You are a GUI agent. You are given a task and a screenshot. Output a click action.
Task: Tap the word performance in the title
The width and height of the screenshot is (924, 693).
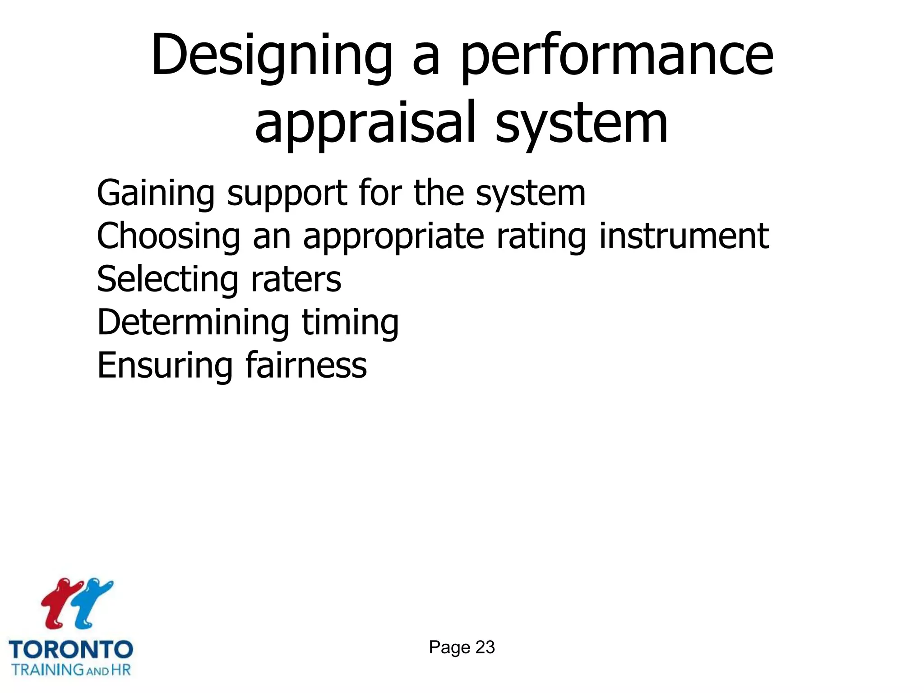pyautogui.click(x=617, y=56)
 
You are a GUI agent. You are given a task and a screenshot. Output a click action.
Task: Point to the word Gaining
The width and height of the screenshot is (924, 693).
pyautogui.click(x=156, y=193)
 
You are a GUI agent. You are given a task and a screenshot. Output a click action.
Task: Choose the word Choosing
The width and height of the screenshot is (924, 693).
pyautogui.click(x=169, y=236)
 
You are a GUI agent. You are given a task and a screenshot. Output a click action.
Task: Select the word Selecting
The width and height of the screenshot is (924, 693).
pyautogui.click(x=167, y=280)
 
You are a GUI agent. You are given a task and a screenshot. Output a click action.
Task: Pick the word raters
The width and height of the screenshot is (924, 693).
pyautogui.click(x=296, y=280)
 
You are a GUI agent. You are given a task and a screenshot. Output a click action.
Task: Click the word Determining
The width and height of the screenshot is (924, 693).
pyautogui.click(x=193, y=323)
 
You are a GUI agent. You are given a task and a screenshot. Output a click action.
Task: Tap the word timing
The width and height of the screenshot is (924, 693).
pyautogui.click(x=350, y=323)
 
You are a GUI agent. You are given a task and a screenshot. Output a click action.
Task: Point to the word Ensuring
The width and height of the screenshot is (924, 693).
pyautogui.click(x=165, y=366)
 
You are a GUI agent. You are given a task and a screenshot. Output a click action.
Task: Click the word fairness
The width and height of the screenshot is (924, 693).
pyautogui.click(x=306, y=365)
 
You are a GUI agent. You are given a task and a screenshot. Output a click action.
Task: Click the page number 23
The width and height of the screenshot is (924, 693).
pyautogui.click(x=485, y=647)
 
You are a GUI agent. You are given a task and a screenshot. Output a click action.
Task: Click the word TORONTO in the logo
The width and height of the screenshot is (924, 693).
pyautogui.click(x=71, y=650)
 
